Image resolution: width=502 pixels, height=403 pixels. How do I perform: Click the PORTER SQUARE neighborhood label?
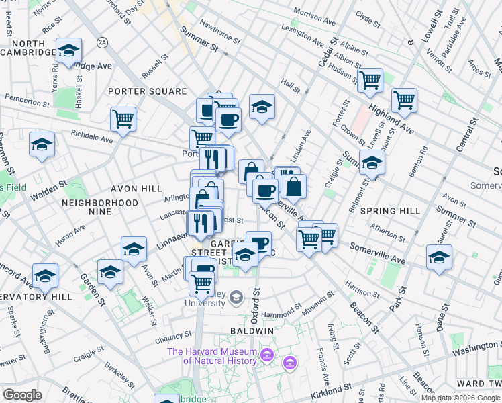point(149,91)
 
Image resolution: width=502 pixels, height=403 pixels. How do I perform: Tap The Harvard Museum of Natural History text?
point(212,356)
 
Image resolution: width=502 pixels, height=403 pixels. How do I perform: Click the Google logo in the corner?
point(22,395)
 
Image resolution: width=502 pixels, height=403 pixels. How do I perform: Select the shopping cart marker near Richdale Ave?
point(123,119)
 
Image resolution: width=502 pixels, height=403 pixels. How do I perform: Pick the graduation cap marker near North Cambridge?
point(68,50)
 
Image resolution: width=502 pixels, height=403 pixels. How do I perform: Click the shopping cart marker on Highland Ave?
point(404,100)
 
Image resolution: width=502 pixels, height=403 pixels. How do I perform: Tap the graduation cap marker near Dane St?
point(439,257)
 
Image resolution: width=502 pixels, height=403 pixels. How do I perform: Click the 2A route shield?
point(102,42)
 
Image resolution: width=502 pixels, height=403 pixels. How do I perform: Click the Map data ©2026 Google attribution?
point(461,398)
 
